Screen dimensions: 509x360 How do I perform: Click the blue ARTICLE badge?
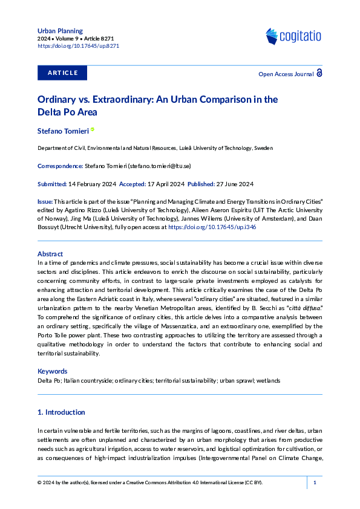pyautogui.click(x=62, y=73)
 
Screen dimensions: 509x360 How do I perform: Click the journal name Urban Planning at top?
pyautogui.click(x=60, y=30)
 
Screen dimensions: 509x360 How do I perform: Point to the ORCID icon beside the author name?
pyautogui.click(x=93, y=130)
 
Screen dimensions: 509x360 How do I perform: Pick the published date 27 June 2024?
pyautogui.click(x=232, y=184)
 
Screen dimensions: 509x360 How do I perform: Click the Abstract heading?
pyautogui.click(x=50, y=254)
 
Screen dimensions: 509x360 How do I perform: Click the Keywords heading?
pyautogui.click(x=53, y=371)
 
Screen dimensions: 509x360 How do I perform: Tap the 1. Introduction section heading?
pyautogui.click(x=61, y=412)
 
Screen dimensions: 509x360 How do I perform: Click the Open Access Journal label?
pyautogui.click(x=286, y=74)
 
